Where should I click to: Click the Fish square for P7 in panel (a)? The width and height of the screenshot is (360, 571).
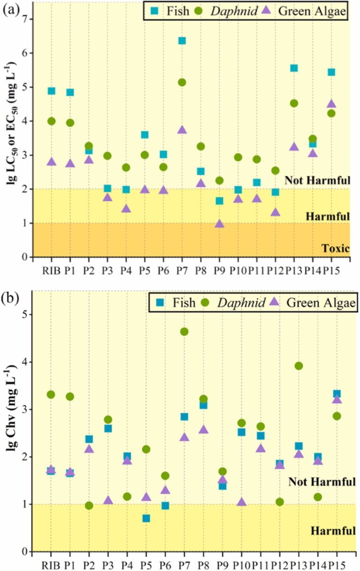[x=182, y=41]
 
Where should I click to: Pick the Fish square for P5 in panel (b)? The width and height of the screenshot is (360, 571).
[x=146, y=519]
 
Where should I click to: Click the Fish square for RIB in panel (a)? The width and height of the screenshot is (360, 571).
[x=51, y=91]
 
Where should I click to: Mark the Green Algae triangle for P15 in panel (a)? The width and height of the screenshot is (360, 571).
[x=331, y=104]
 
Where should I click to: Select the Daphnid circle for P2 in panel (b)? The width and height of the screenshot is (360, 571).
[x=89, y=506]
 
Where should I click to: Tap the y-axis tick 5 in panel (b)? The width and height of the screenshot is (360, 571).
[x=24, y=314]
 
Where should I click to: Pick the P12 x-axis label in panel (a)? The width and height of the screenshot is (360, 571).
[x=275, y=269]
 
